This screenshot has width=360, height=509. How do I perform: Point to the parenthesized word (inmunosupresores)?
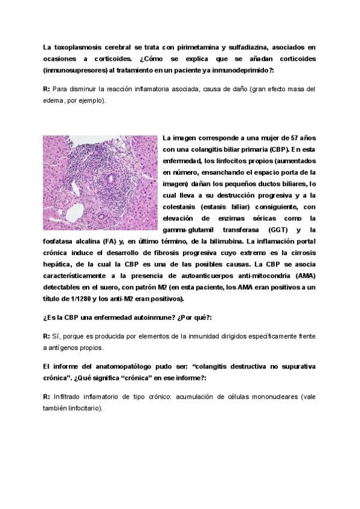tap(73, 70)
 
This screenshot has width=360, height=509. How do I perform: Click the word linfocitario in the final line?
tap(85, 408)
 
